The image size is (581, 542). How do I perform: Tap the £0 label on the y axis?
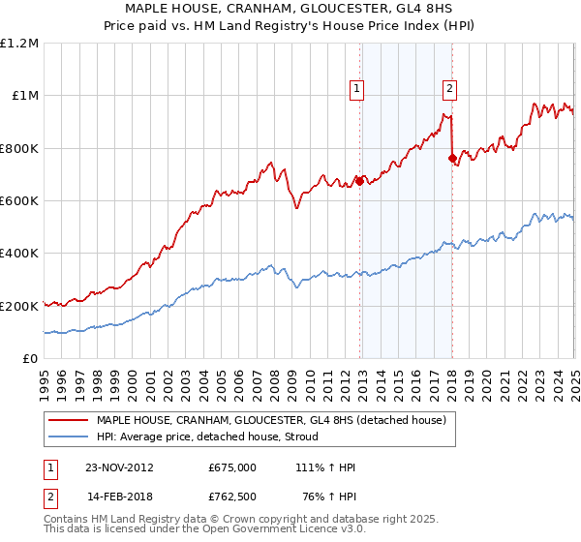[30, 358]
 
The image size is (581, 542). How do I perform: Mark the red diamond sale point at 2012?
[360, 180]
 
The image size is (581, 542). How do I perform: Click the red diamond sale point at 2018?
[452, 158]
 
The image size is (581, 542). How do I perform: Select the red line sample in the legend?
[70, 420]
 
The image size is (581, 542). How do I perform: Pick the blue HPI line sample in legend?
[70, 437]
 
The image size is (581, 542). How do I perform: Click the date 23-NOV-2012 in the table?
[118, 467]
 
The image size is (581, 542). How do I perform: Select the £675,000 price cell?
[231, 467]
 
